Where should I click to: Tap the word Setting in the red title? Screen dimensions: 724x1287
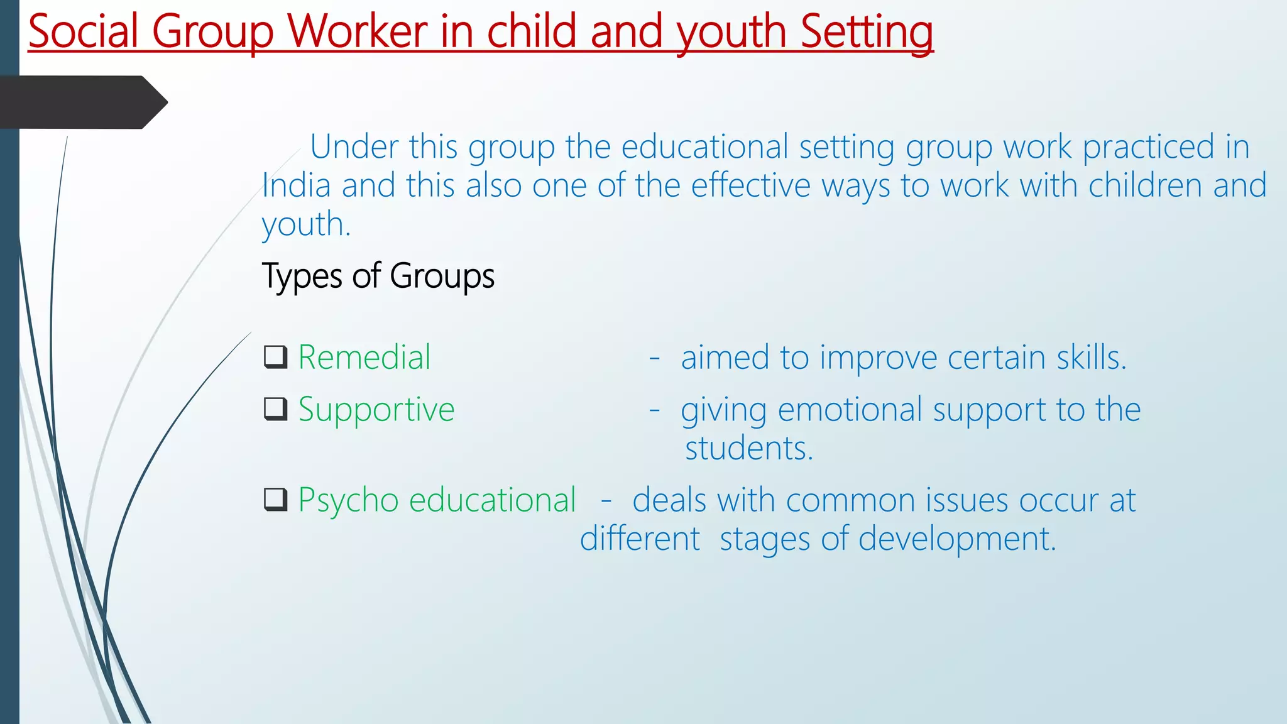(867, 31)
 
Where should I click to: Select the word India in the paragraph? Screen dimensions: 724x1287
(296, 185)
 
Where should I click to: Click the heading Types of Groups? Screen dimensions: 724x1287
(378, 276)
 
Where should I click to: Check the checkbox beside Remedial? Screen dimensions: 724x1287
(276, 357)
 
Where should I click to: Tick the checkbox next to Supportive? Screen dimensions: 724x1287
(276, 409)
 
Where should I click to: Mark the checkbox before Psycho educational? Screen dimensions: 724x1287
(276, 500)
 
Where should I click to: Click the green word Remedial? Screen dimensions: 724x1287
(364, 357)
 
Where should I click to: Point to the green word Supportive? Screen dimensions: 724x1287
(376, 410)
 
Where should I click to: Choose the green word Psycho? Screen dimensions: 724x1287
(348, 500)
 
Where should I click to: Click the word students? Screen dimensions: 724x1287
(748, 449)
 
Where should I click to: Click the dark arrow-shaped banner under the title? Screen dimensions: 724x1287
(82, 102)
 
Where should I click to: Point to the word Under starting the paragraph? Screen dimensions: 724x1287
(354, 147)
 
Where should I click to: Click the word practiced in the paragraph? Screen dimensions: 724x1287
(1149, 147)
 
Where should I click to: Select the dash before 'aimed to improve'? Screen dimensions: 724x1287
(654, 358)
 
